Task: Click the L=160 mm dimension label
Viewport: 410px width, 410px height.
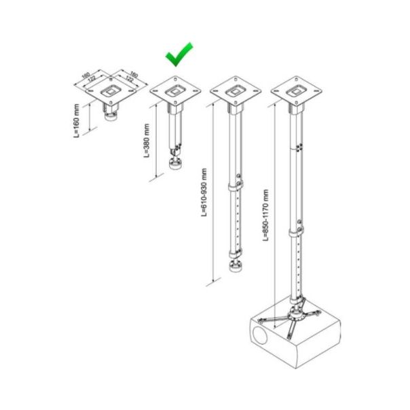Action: [78, 119]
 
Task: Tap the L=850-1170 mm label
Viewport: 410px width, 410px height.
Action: [266, 215]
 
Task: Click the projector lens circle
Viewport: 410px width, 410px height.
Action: [261, 335]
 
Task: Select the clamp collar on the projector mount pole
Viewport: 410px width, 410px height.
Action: [296, 232]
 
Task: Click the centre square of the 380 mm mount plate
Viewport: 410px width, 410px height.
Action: [175, 89]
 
